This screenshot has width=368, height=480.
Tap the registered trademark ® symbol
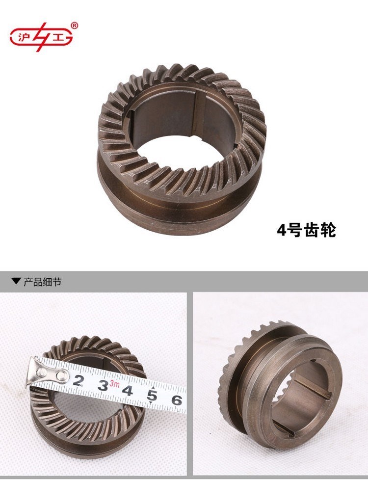[x=74, y=25]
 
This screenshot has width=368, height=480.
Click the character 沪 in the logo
[x=23, y=38]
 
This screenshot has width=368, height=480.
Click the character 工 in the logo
[x=58, y=38]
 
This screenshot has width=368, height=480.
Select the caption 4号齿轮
[x=306, y=230]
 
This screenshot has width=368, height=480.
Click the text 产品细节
[x=42, y=282]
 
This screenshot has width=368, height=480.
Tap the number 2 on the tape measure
[x=79, y=380]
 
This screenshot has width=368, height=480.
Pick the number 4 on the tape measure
[x=128, y=391]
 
